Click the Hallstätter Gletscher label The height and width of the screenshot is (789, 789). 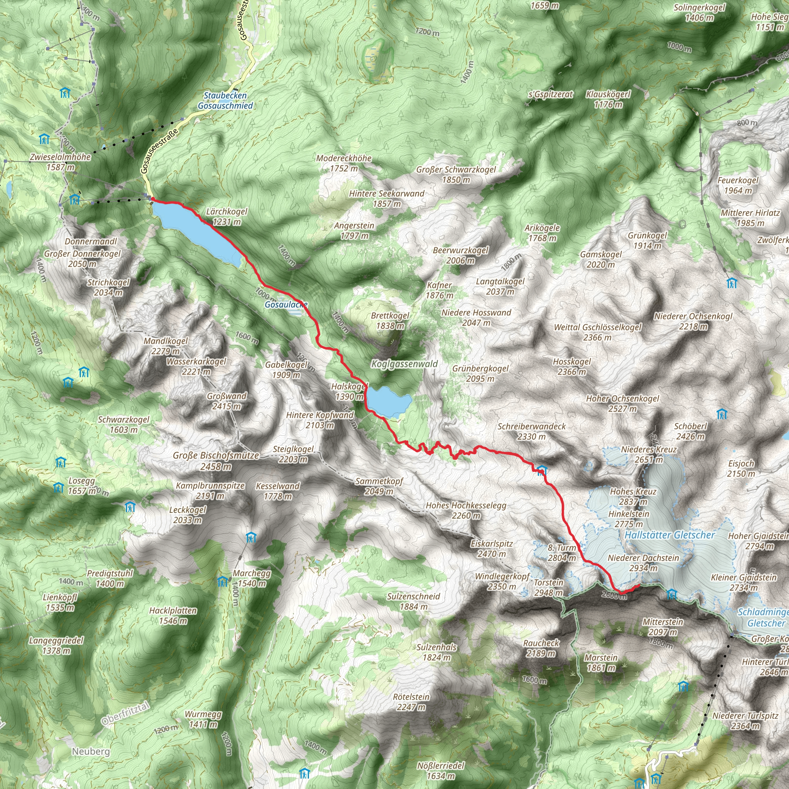pos(670,535)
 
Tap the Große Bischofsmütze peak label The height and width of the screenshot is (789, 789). pos(216,461)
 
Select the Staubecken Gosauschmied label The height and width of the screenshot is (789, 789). pos(225,101)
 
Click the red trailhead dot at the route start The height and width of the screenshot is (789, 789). pos(152,199)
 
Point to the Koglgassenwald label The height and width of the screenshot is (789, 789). pos(404,364)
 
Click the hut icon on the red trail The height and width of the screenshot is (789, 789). pos(542,470)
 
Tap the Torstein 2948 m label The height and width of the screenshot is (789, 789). pos(549,587)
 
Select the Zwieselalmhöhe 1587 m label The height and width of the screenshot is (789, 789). pos(60,162)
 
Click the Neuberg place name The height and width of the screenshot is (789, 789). pos(91,751)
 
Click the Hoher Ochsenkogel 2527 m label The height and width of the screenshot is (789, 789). pos(623,403)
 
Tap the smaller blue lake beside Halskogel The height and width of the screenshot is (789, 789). pos(388,401)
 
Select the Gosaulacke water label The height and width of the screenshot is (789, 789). pos(285,305)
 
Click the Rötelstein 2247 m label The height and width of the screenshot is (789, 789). pos(411,702)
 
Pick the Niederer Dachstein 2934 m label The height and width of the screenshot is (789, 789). pos(643,563)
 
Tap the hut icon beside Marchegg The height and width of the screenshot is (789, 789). pos(223,581)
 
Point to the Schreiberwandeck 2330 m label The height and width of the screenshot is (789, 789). pos(531,431)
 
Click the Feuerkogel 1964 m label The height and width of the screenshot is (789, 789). pos(738,185)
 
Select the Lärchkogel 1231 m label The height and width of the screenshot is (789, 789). pos(227,217)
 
